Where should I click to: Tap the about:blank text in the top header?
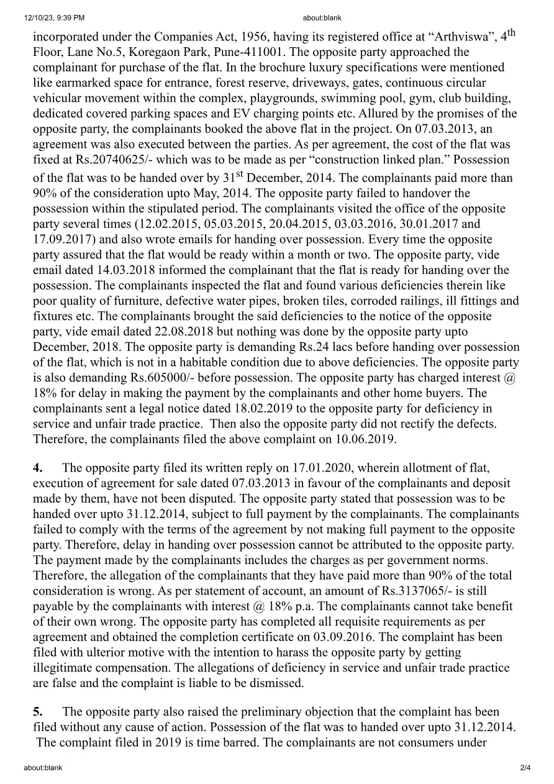322,18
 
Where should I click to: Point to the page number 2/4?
525,768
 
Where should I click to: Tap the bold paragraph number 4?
38,468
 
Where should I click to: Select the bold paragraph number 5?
38,712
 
